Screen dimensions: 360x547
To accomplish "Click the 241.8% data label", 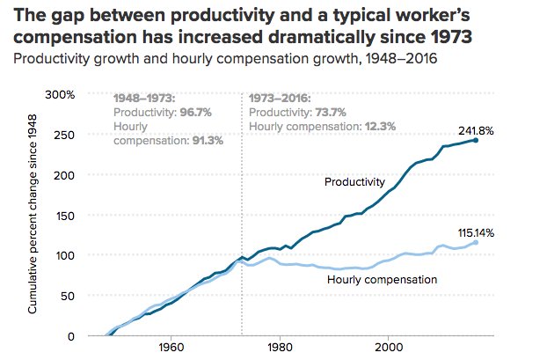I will click(476, 130).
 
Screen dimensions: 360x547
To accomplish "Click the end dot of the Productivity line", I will click(476, 140).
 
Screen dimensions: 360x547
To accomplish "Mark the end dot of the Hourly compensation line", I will click(476, 242).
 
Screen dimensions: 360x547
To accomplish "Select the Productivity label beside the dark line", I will click(354, 182).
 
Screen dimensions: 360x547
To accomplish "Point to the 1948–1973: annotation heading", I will click(146, 99).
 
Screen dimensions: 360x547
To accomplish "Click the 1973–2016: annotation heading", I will click(281, 99).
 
